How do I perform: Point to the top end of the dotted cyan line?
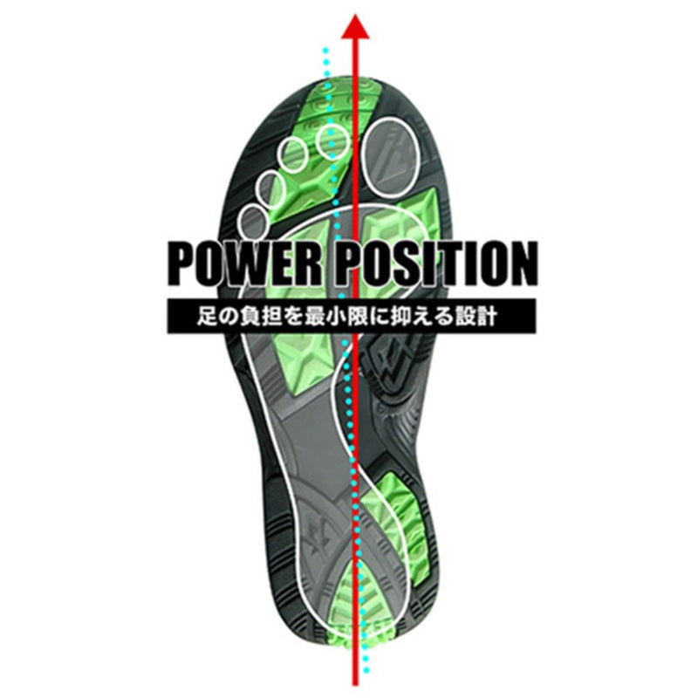pos(326,51)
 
